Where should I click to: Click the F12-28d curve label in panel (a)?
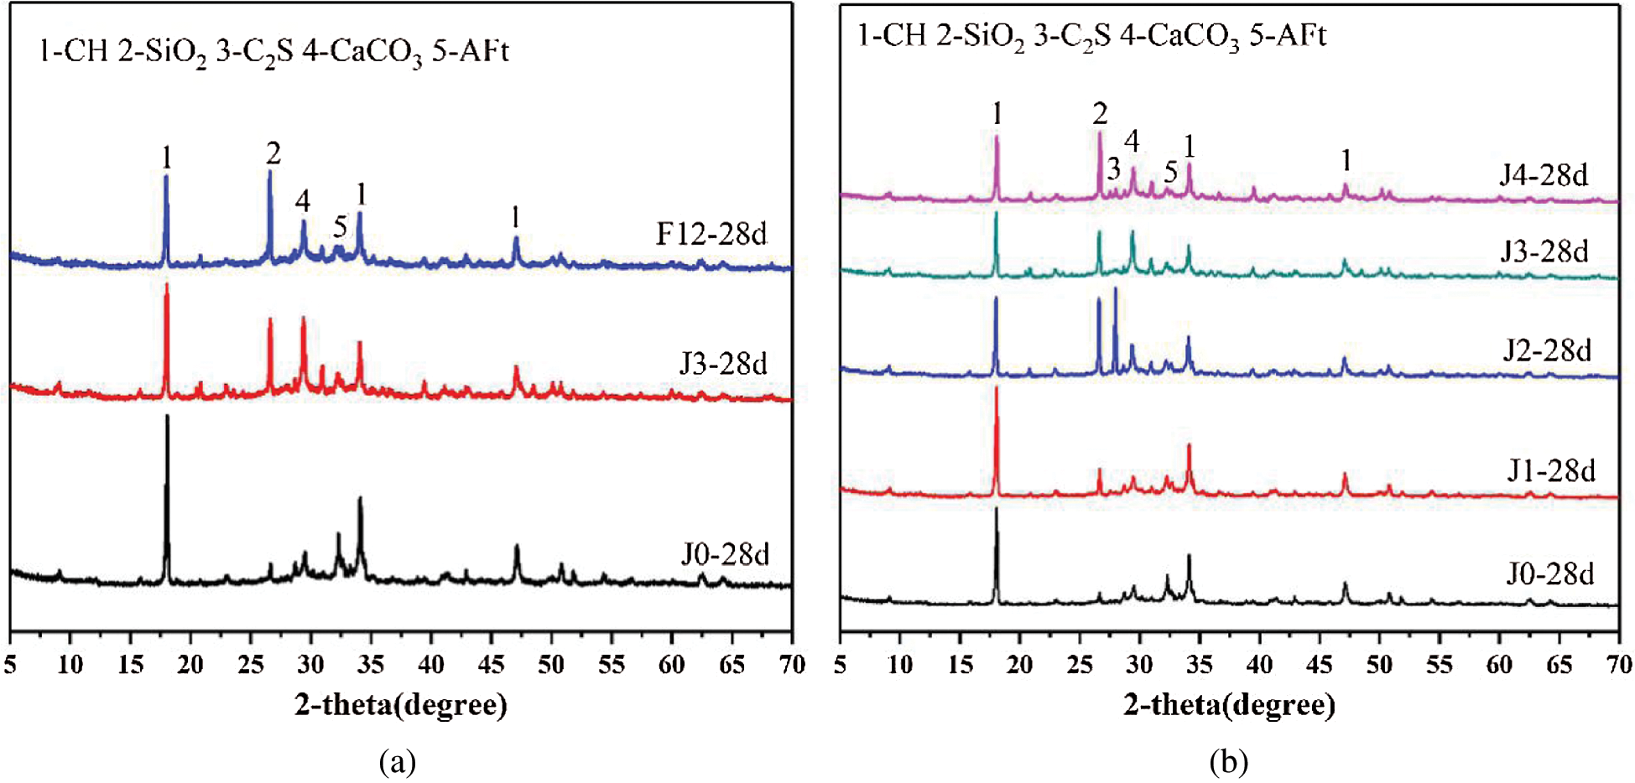pos(711,234)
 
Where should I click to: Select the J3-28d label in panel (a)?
pos(722,364)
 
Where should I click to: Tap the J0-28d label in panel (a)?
pos(725,554)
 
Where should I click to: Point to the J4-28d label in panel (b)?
pos(1544,175)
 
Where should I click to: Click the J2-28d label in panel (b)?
pos(1546,350)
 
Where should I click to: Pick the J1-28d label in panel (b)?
pos(1550,471)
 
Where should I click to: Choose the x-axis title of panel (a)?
pos(401,704)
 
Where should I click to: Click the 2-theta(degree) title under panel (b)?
pos(1229,704)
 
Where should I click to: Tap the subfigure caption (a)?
pos(397,762)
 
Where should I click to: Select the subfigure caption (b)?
pos(1229,762)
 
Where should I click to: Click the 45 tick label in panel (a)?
pos(492,665)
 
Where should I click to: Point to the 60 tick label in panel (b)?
pos(1499,665)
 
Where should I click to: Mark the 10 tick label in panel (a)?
pos(70,665)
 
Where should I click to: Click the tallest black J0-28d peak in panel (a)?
pos(167,419)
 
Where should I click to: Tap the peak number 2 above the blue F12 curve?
pos(273,153)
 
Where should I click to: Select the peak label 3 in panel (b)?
pos(1113,169)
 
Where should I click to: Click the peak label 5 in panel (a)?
pos(340,226)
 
